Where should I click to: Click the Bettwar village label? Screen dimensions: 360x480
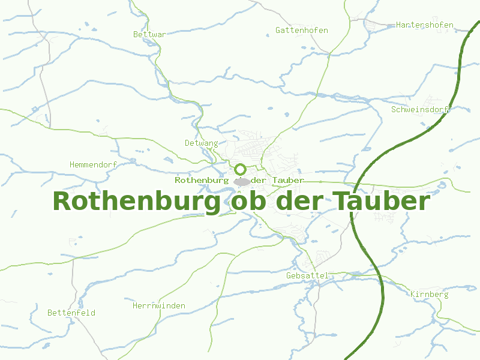149,35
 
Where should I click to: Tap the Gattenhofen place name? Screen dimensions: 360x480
301,30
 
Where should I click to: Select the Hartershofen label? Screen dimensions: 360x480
424,25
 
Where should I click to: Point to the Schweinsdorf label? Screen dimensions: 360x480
420,110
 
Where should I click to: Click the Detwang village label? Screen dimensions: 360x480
201,143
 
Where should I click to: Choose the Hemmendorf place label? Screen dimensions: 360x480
93,164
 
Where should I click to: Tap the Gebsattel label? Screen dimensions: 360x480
307,275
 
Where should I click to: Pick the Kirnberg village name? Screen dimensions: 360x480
429,295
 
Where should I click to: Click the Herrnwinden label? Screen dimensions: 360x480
158,306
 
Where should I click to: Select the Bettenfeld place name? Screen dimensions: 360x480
71,313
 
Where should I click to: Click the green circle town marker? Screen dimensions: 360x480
241,170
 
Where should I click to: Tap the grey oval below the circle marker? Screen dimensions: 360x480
242,181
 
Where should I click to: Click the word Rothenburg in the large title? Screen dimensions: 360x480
136,202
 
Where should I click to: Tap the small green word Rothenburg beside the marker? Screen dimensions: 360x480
202,180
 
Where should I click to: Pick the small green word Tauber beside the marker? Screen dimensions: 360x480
287,180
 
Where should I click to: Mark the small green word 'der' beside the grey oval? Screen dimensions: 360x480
260,180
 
